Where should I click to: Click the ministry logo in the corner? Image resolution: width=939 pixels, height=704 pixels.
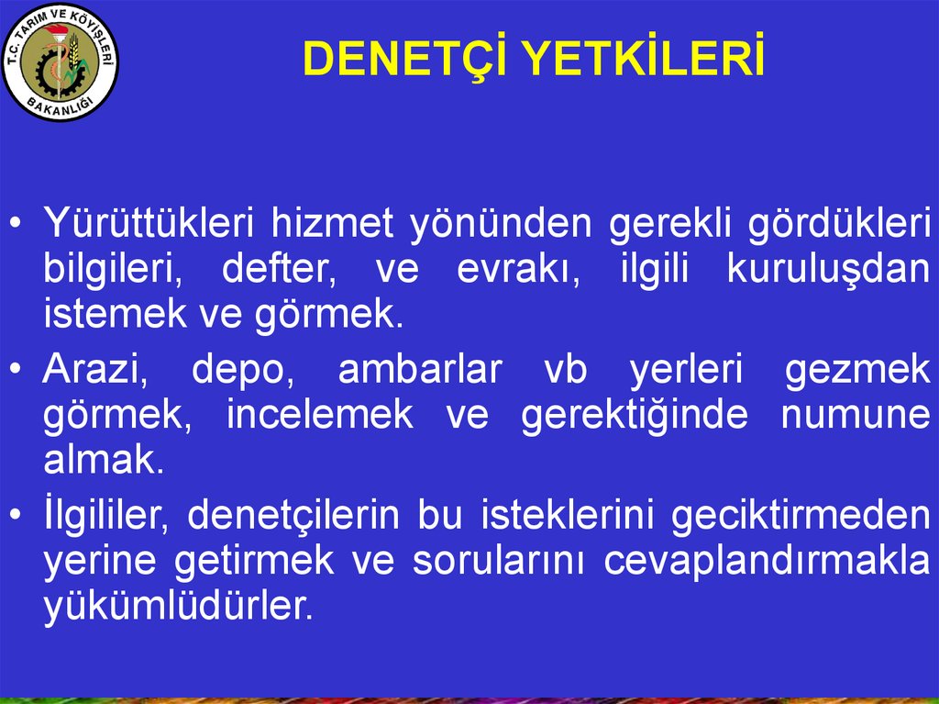pos(61,61)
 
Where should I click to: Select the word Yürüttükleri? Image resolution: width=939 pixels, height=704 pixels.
pos(143,223)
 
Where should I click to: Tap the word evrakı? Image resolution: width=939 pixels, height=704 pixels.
pos(518,269)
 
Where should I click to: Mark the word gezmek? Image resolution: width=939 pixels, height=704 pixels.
pos(857,370)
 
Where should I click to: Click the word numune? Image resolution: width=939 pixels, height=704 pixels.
pos(856,415)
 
